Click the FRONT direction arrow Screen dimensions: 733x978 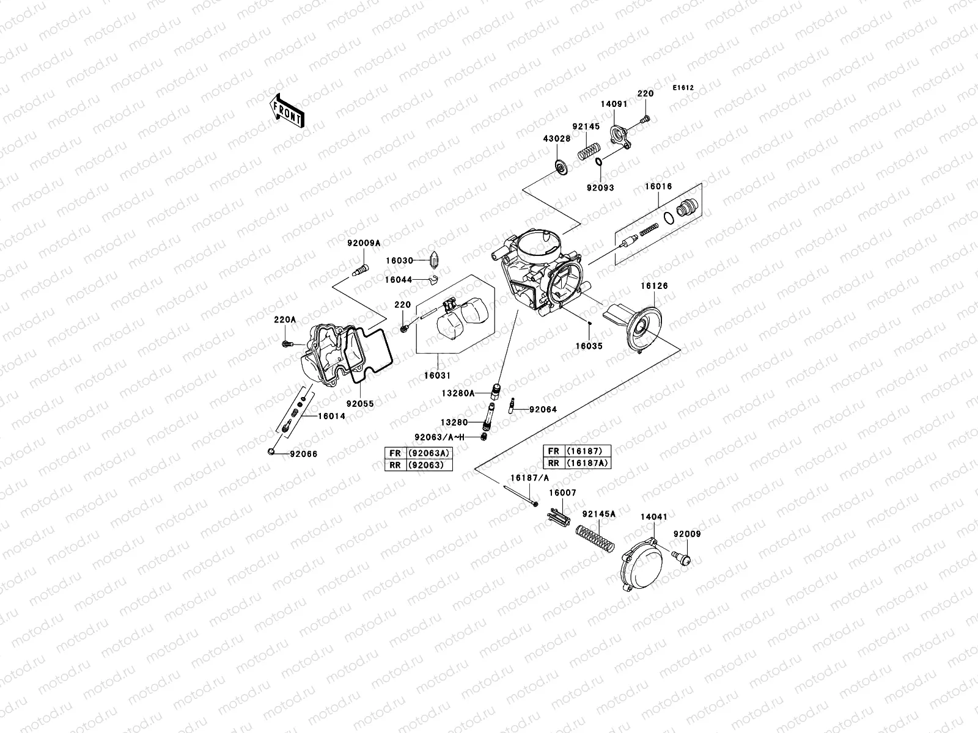(286, 111)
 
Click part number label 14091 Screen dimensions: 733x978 (613, 104)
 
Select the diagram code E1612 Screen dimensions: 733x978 (683, 87)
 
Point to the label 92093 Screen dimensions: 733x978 (600, 188)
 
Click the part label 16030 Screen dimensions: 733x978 (400, 261)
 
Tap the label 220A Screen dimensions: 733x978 (284, 319)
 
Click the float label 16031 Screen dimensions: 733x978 (438, 376)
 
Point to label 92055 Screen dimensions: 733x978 (360, 404)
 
